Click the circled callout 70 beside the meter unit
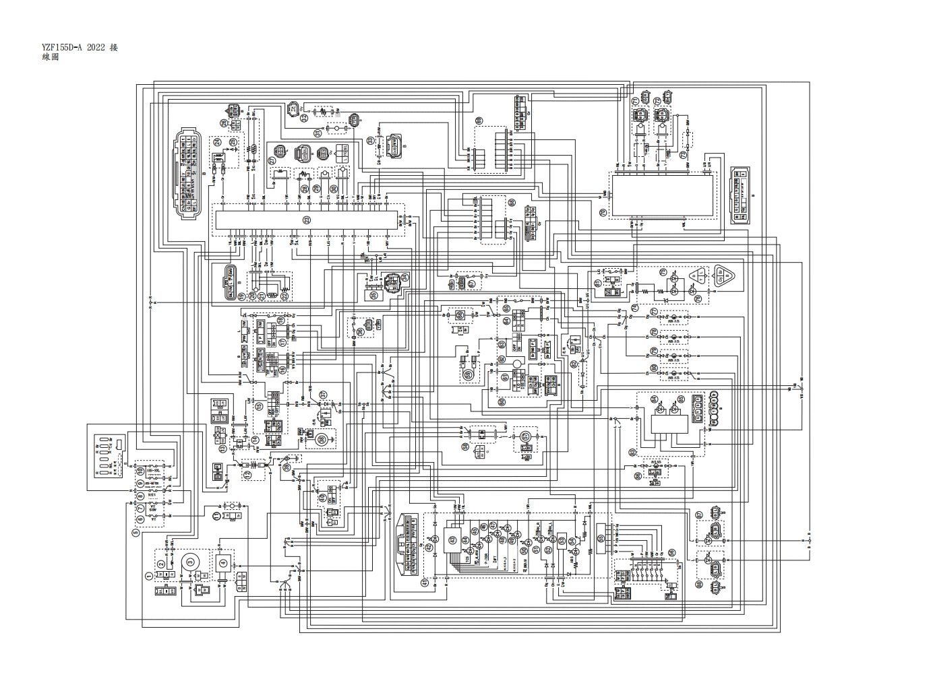click(603, 212)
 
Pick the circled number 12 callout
click(248, 475)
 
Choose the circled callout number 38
click(322, 440)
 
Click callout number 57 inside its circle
click(526, 436)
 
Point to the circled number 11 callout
click(216, 516)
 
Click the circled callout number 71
click(635, 101)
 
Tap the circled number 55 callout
click(601, 539)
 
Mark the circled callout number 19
click(241, 296)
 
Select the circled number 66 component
click(460, 315)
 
